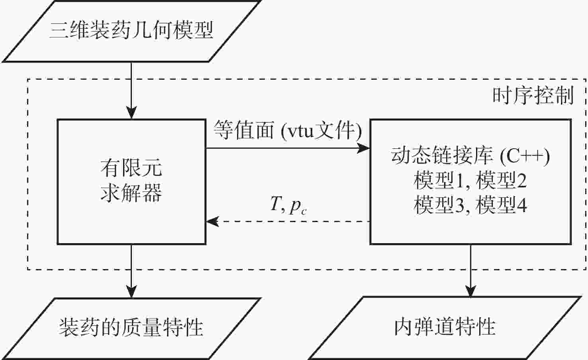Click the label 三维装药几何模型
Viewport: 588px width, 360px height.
(x=131, y=30)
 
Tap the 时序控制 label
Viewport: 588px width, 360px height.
(x=533, y=96)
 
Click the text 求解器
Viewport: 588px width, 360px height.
(x=131, y=193)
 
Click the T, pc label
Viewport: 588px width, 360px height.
(x=288, y=206)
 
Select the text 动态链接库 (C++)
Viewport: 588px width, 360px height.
(x=470, y=156)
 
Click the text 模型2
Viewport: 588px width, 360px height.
(x=501, y=180)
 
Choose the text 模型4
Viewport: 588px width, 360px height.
(x=501, y=205)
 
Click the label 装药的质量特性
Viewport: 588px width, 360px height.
(x=131, y=328)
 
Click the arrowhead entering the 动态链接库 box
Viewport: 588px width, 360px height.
(x=364, y=148)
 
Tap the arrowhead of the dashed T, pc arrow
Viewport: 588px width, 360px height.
(x=212, y=221)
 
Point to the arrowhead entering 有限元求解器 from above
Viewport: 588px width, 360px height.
(x=131, y=113)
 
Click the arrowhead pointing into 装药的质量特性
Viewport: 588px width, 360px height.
(x=131, y=292)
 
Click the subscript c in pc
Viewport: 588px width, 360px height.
(x=304, y=212)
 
